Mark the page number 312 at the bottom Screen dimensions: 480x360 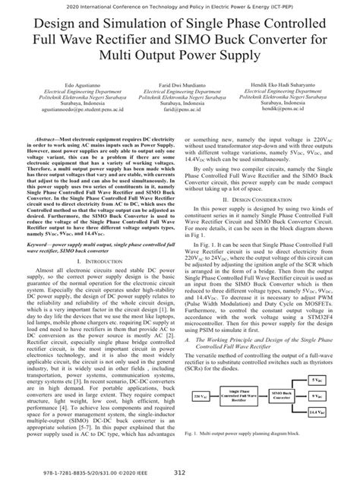coord(180,470)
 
